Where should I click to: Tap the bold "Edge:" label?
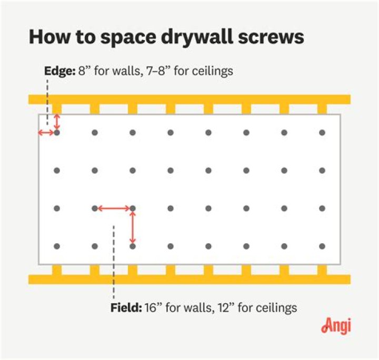click(59, 71)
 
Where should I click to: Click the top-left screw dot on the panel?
click(57, 133)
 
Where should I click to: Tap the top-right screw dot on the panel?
click(322, 133)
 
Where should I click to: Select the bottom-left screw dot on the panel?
click(57, 246)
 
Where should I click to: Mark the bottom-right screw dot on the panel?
click(322, 246)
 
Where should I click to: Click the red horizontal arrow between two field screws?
click(114, 209)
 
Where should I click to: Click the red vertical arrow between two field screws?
click(133, 227)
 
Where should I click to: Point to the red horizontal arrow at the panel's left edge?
click(46, 133)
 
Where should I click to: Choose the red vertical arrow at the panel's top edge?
click(57, 122)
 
